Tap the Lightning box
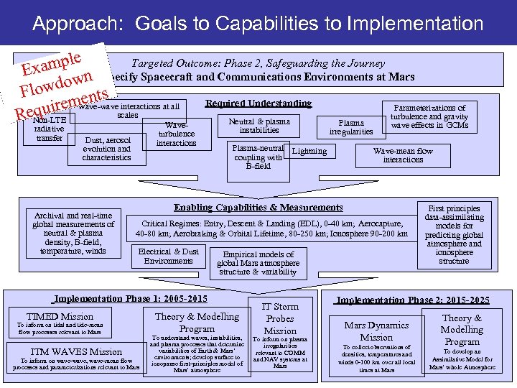click(x=309, y=152)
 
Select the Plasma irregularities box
click(x=351, y=127)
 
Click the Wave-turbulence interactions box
click(x=177, y=134)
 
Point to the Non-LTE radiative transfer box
click(x=50, y=129)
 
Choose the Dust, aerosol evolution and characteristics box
click(x=107, y=149)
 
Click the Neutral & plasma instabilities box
click(x=259, y=126)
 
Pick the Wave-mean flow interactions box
click(x=403, y=155)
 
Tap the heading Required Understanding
click(x=258, y=104)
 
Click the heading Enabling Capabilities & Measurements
click(x=258, y=208)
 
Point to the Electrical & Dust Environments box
click(x=168, y=257)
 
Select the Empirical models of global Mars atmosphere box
click(x=258, y=263)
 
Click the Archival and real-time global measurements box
click(x=73, y=233)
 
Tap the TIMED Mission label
click(x=60, y=317)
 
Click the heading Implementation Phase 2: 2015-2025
click(x=414, y=300)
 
